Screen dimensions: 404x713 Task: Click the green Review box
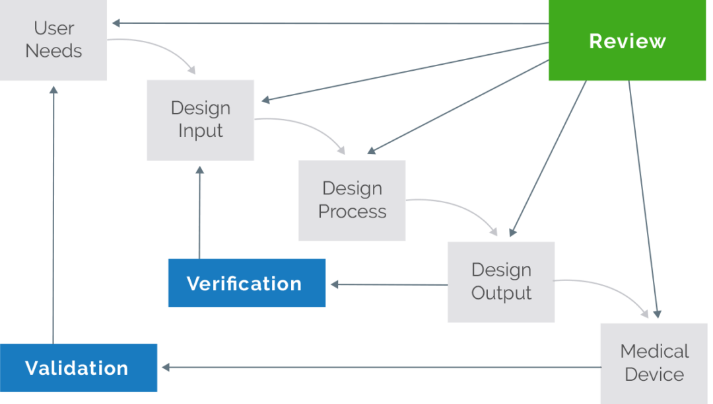point(627,41)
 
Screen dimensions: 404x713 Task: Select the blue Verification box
point(246,284)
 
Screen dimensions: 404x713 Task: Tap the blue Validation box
point(78,368)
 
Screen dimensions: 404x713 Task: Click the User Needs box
point(53,40)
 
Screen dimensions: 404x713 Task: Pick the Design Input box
point(200,120)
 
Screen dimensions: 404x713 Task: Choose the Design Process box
point(352,200)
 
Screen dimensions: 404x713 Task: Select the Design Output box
point(500,282)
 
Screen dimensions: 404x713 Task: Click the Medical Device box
point(655,363)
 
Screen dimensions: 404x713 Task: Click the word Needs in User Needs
point(53,51)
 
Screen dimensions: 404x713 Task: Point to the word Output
point(501,293)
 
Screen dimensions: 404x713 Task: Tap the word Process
point(353,212)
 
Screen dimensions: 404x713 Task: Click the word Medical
point(654,351)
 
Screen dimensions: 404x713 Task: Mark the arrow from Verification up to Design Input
point(199,212)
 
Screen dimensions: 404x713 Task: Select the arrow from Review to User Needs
point(330,24)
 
